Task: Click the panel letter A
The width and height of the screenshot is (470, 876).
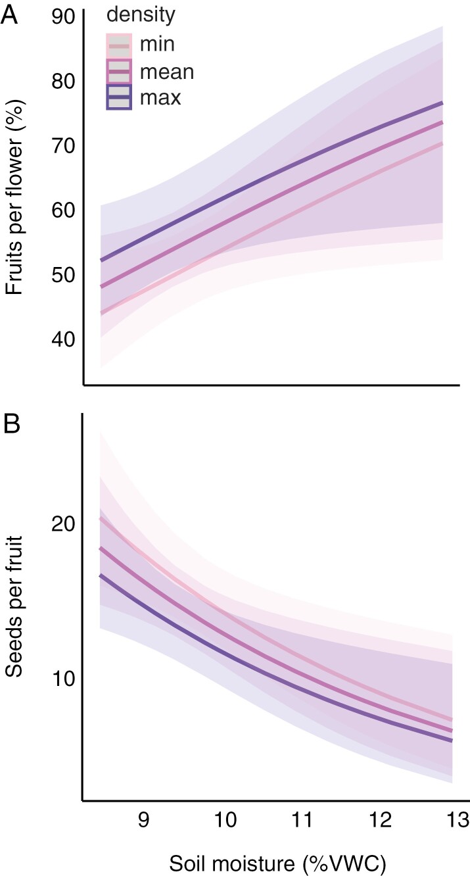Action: pos(11,14)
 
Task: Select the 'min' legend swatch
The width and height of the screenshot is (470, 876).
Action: pos(120,45)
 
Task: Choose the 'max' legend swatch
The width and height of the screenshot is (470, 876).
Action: pos(120,97)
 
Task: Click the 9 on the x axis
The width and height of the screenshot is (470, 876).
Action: pos(144,819)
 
